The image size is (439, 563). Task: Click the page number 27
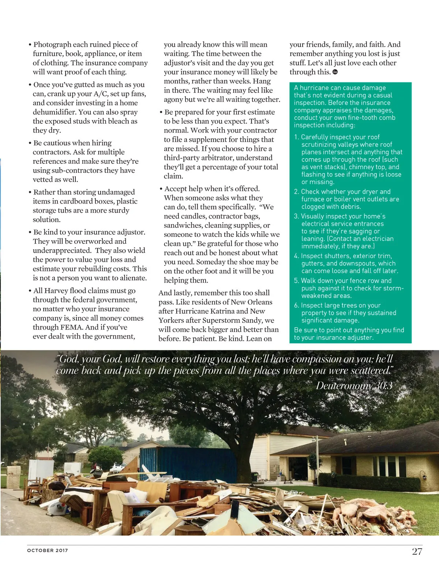pos(417,551)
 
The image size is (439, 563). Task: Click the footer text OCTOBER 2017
pos(48,550)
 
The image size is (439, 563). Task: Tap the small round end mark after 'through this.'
pos(335,72)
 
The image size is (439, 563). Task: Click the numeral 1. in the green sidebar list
pos(297,137)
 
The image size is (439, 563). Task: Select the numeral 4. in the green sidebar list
pos(297,256)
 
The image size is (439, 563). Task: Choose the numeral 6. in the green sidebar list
pos(297,305)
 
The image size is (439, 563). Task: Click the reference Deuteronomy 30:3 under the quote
pos(354,385)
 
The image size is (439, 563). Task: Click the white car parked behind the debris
pos(119,467)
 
